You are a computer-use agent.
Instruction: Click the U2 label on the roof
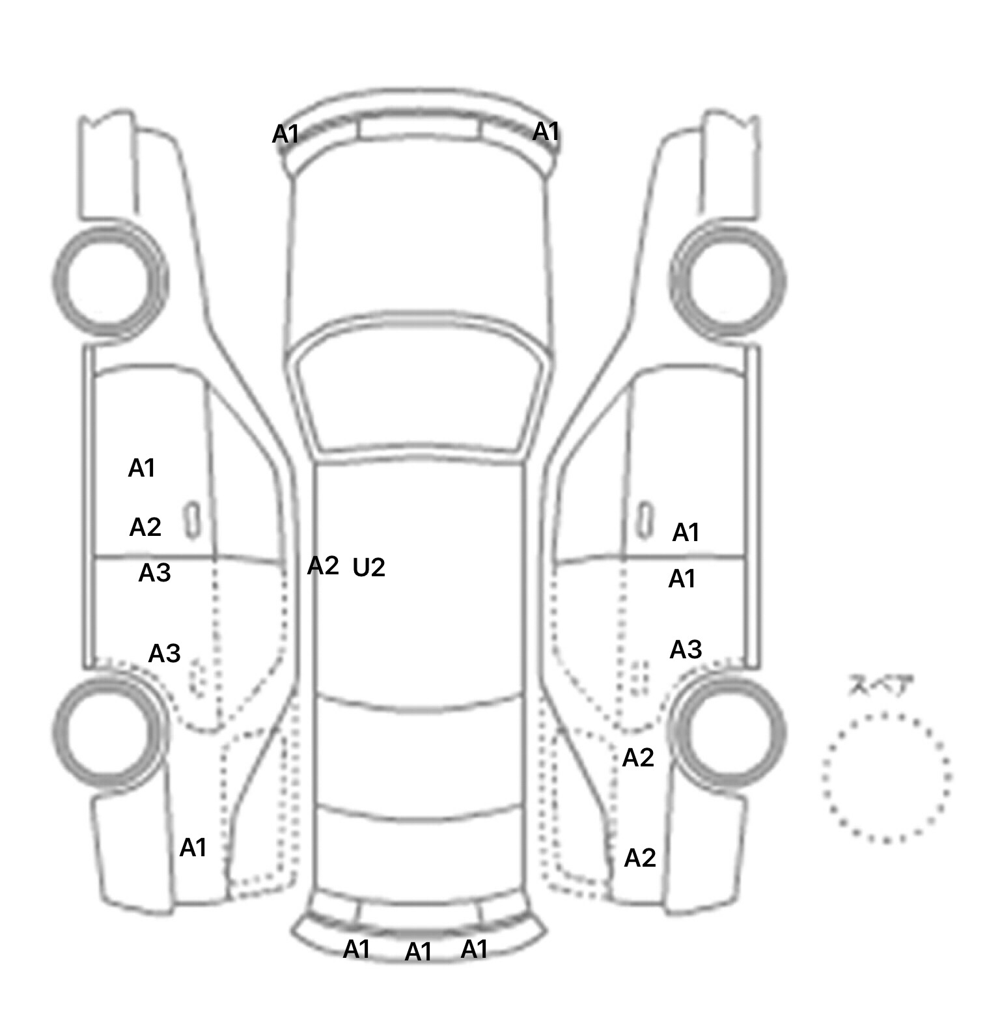[x=368, y=568]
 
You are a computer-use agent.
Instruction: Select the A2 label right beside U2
[x=323, y=566]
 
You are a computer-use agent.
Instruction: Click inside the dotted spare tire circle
[x=886, y=777]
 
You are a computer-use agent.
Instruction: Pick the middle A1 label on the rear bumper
[x=419, y=952]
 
